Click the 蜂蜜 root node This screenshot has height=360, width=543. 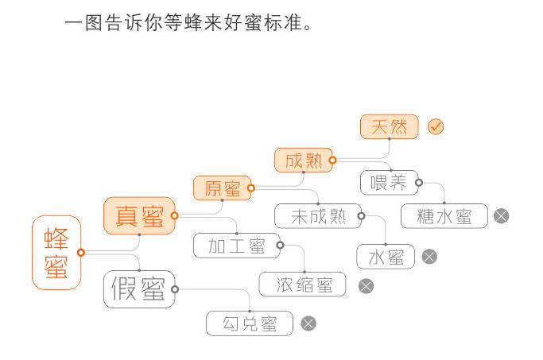56,252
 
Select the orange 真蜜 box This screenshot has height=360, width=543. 139,216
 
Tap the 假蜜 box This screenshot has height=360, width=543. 139,289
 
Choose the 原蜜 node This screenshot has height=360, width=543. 223,188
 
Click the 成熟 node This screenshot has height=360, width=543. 304,161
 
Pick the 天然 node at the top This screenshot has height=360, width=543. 389,126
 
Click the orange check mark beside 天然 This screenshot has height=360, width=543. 436,126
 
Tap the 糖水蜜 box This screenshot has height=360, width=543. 444,216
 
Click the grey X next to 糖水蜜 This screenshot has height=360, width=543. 501,216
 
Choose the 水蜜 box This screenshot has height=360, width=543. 386,257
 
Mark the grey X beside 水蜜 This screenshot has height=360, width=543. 429,257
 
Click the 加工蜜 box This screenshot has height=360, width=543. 237,246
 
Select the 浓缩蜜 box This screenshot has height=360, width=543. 303,285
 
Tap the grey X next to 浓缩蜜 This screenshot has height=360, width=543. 366,285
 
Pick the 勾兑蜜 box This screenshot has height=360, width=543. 250,323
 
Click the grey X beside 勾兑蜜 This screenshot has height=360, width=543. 308,323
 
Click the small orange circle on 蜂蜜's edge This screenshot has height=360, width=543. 81,253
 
